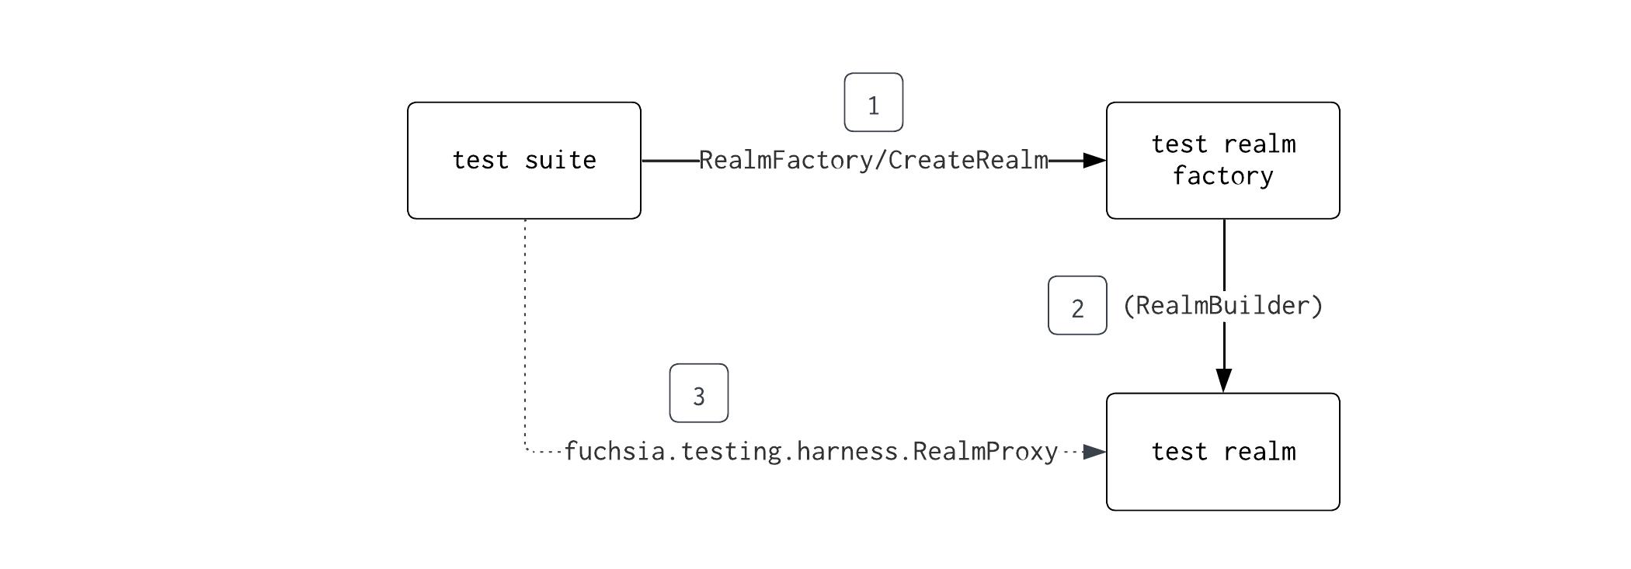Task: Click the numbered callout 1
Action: [873, 102]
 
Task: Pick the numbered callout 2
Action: [1076, 306]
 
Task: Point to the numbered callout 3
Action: [698, 394]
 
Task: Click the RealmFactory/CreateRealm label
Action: [873, 161]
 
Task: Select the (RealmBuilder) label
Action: [1222, 306]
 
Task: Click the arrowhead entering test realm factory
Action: [1094, 161]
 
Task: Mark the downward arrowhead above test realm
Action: [1223, 380]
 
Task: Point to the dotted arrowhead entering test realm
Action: [1094, 452]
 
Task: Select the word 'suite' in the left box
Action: [560, 161]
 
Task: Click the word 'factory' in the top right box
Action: [1222, 176]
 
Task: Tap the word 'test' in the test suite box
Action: [480, 161]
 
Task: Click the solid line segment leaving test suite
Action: [669, 161]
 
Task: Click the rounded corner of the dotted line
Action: [528, 449]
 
